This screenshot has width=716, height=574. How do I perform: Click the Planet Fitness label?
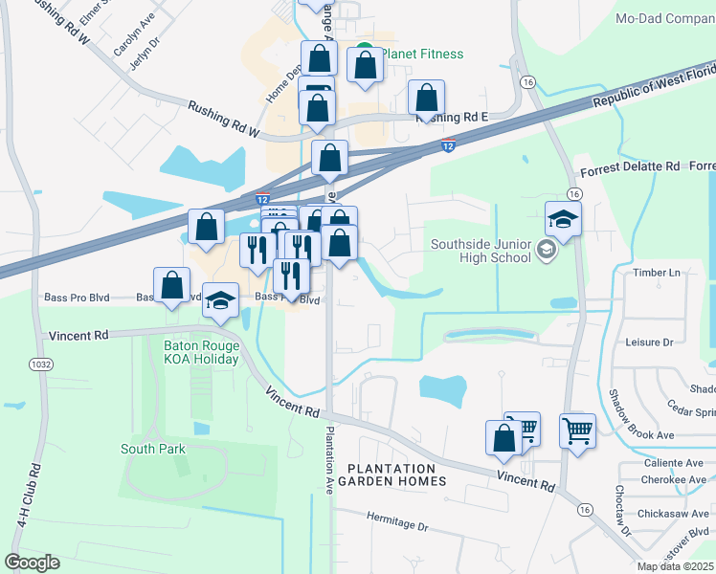pyautogui.click(x=420, y=54)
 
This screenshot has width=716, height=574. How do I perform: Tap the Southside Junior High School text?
pyautogui.click(x=480, y=251)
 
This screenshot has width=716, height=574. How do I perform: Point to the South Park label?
pyautogui.click(x=152, y=448)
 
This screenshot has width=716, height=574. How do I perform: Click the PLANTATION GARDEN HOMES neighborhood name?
pyautogui.click(x=396, y=475)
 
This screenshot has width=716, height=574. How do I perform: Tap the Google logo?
pyautogui.click(x=32, y=563)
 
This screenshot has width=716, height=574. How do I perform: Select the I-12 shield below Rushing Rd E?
pyautogui.click(x=448, y=145)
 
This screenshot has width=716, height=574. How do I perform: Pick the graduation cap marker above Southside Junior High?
pyautogui.click(x=564, y=220)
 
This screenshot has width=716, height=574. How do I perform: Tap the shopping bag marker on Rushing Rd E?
pyautogui.click(x=426, y=99)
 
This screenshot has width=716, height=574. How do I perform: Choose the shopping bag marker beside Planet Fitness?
pyautogui.click(x=365, y=66)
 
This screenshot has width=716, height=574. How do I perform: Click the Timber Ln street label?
pyautogui.click(x=656, y=273)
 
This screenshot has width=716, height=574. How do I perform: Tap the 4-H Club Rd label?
pyautogui.click(x=35, y=504)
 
